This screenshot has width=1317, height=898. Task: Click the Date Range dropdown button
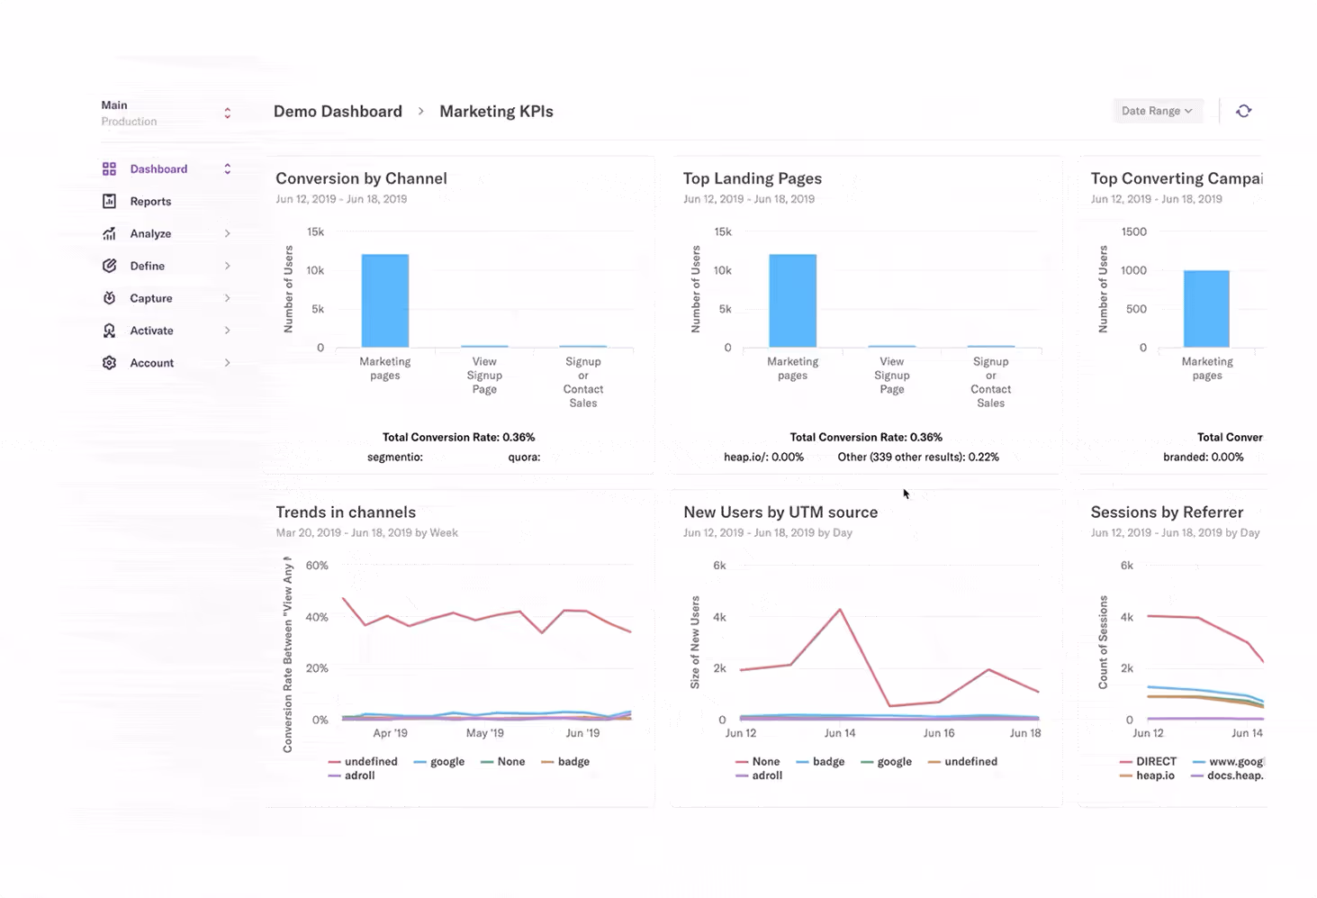[x=1157, y=111]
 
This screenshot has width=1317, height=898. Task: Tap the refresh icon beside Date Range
[x=1243, y=111]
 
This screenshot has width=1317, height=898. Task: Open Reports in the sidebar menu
[x=149, y=202]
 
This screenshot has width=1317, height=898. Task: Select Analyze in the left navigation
[x=149, y=234]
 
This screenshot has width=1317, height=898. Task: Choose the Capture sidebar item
[x=150, y=298]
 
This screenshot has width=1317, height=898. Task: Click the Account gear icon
[x=109, y=363]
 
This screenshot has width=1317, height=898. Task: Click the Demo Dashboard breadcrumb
[x=338, y=112]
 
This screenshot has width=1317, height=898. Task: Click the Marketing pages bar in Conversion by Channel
[x=384, y=301]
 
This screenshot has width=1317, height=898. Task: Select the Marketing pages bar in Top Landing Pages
[x=792, y=301]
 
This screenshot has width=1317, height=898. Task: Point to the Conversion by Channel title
[x=361, y=178]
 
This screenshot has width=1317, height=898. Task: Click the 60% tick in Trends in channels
[x=317, y=566]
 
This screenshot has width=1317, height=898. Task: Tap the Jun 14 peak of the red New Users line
[x=840, y=610]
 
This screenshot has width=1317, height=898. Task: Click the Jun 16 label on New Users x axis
[x=938, y=733]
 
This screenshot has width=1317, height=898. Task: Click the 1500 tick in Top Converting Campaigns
[x=1133, y=232]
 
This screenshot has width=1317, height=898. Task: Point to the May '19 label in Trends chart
[x=484, y=733]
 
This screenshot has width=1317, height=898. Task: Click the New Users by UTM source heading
[x=780, y=512]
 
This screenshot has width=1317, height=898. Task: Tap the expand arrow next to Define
[x=227, y=266]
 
